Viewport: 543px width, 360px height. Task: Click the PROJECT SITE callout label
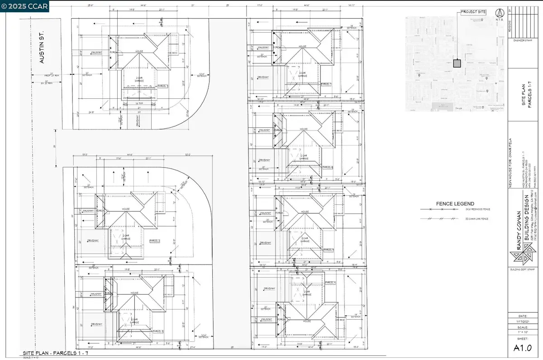click(x=473, y=12)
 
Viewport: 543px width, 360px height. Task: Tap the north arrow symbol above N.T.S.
click(x=500, y=12)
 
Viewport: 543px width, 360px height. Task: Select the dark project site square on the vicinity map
click(x=457, y=63)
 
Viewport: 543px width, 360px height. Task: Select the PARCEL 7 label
click(x=326, y=84)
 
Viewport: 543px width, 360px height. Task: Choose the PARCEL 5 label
click(x=328, y=250)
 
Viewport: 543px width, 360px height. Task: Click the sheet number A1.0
click(x=524, y=347)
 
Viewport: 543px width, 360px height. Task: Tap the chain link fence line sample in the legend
click(x=437, y=219)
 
